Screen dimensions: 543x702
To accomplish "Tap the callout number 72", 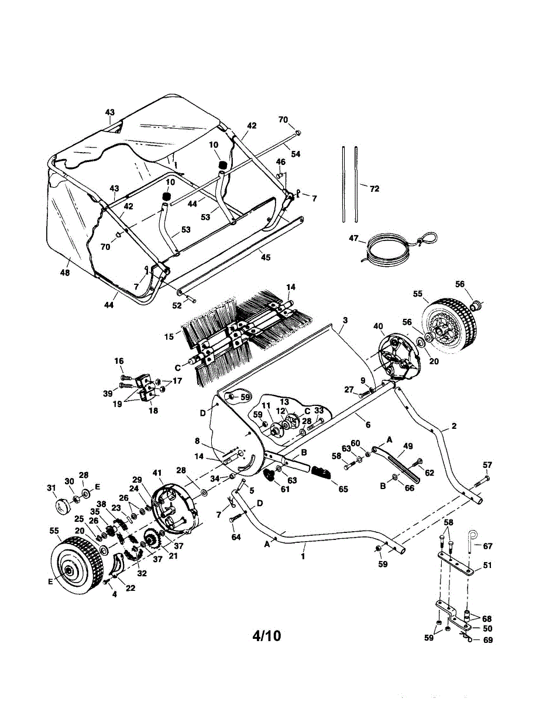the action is click(374, 189).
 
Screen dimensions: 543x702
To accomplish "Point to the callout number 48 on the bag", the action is click(64, 273).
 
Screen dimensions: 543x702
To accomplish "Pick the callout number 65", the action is click(343, 490).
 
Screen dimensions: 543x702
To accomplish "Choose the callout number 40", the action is click(377, 326).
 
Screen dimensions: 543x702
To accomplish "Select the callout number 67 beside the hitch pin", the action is click(487, 546).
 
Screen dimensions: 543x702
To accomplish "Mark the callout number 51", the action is click(487, 565).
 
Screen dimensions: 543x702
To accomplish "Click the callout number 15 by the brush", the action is click(169, 336).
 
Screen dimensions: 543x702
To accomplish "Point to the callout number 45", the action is click(266, 257).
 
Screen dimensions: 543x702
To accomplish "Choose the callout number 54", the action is click(295, 154).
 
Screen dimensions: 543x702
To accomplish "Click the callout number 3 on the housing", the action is click(345, 320).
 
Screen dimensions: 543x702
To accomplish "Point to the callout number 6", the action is click(367, 424).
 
